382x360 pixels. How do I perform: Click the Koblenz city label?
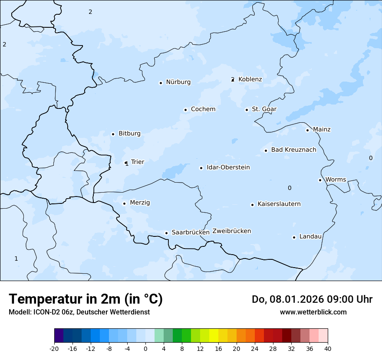pyautogui.click(x=250, y=79)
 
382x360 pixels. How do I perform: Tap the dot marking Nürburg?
pyautogui.click(x=161, y=83)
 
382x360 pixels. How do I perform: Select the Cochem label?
pyautogui.click(x=203, y=109)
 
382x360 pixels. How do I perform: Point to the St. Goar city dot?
pyautogui.click(x=247, y=110)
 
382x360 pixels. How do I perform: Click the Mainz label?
pyautogui.click(x=322, y=130)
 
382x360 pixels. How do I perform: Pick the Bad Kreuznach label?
pyautogui.click(x=293, y=150)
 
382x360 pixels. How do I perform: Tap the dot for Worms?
pyautogui.click(x=320, y=180)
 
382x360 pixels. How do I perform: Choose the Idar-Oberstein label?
pyautogui.click(x=228, y=167)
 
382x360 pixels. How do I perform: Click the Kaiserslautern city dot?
pyautogui.click(x=252, y=205)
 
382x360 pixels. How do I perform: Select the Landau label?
pyautogui.click(x=310, y=237)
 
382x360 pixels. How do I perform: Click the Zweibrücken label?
pyautogui.click(x=231, y=231)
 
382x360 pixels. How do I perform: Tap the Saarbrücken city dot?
pyautogui.click(x=166, y=233)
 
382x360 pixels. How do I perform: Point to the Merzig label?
pyautogui.click(x=140, y=203)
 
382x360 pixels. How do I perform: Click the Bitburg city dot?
pyautogui.click(x=113, y=134)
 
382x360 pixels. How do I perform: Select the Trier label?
pyautogui.click(x=138, y=162)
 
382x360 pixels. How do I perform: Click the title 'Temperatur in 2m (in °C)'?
pyautogui.click(x=86, y=299)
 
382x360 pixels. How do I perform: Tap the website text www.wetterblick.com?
pyautogui.click(x=313, y=312)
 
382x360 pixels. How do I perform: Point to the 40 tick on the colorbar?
pyautogui.click(x=328, y=348)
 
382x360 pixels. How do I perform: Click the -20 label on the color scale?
pyautogui.click(x=54, y=348)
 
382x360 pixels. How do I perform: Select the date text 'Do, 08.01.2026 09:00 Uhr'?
pyautogui.click(x=312, y=299)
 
